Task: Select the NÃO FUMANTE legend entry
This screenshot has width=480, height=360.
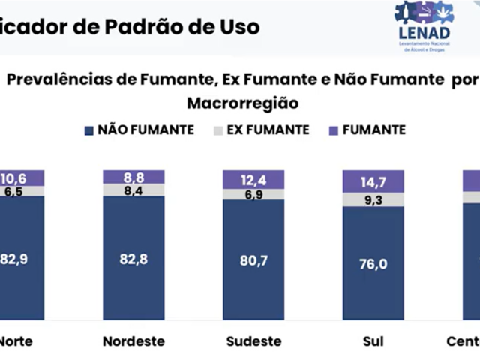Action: tap(139, 130)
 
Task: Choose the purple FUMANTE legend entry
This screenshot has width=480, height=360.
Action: tap(367, 130)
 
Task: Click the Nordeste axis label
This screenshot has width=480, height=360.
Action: tap(133, 341)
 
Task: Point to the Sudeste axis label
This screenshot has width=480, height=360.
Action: tap(253, 341)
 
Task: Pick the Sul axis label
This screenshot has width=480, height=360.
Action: tap(373, 341)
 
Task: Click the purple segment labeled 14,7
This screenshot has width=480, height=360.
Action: tap(373, 181)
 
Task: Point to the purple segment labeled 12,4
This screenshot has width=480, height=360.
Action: tap(253, 179)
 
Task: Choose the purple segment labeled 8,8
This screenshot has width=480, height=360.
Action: tap(133, 178)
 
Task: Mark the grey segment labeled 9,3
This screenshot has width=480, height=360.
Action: tap(373, 200)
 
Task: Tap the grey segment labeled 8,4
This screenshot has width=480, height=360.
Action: tap(133, 190)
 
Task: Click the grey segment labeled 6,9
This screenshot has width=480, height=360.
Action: tap(253, 194)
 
